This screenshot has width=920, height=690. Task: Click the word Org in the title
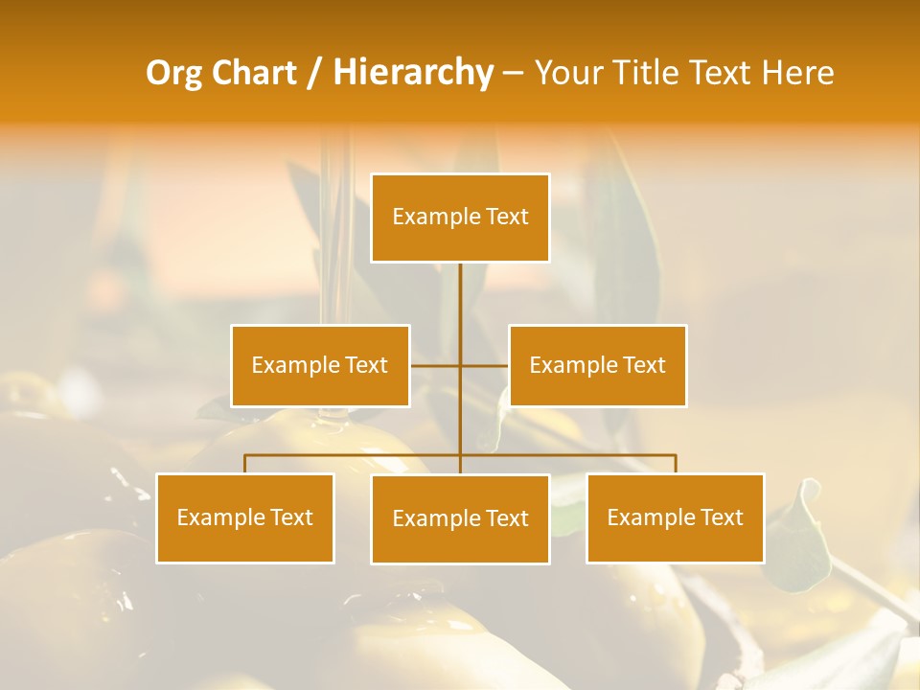(173, 73)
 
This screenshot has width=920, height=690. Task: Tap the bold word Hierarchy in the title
(413, 73)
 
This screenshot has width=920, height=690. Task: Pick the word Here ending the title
(797, 73)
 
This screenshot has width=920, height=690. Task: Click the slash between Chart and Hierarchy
(314, 73)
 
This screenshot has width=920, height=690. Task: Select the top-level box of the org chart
(460, 218)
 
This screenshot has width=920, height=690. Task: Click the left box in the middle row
(320, 365)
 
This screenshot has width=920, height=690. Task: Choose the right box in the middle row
(598, 365)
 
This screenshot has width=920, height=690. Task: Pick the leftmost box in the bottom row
(245, 517)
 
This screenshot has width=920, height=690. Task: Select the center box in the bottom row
(460, 518)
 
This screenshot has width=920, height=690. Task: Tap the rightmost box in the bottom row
(676, 517)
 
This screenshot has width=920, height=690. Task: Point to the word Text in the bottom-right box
(720, 517)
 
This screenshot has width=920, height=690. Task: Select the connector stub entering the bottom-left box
(245, 464)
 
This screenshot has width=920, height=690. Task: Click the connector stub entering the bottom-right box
(676, 464)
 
